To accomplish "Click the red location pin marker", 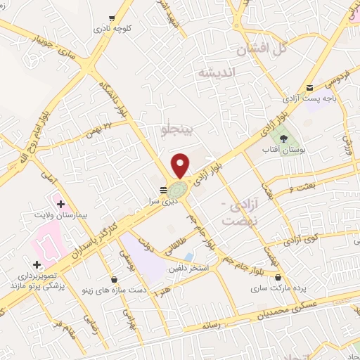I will pyautogui.click(x=181, y=165).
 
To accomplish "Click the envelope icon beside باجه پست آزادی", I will pyautogui.click(x=310, y=88).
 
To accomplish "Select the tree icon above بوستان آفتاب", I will pyautogui.click(x=284, y=139).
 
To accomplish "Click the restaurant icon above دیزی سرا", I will pyautogui.click(x=163, y=190).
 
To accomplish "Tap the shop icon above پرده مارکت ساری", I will pyautogui.click(x=279, y=277).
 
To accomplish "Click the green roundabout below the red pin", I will pyautogui.click(x=178, y=189).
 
